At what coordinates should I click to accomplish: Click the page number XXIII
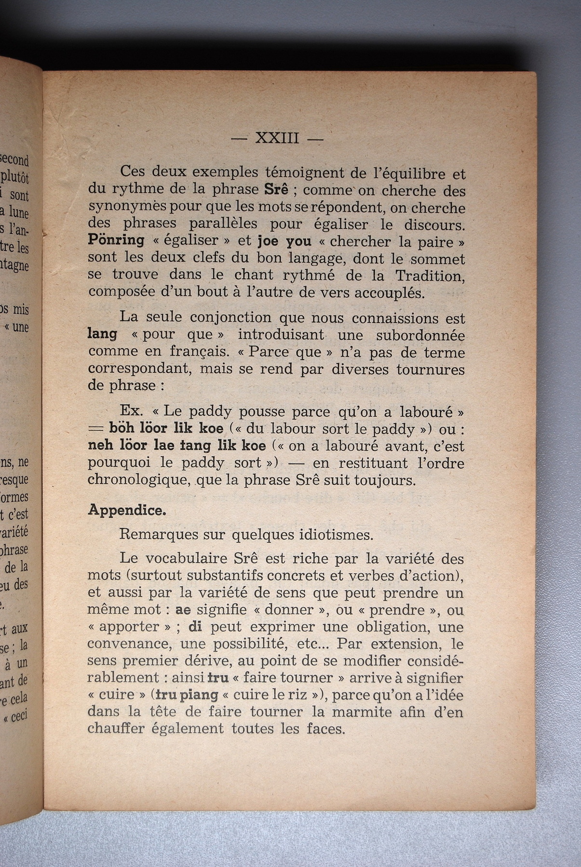click(277, 139)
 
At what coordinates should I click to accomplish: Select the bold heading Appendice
click(127, 511)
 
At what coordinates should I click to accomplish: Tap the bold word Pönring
click(116, 240)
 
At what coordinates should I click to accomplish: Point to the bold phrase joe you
click(284, 241)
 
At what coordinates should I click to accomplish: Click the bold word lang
click(102, 334)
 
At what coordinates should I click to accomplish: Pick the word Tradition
click(430, 276)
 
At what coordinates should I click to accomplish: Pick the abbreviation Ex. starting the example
click(130, 411)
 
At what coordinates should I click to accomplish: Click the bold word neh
click(100, 446)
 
